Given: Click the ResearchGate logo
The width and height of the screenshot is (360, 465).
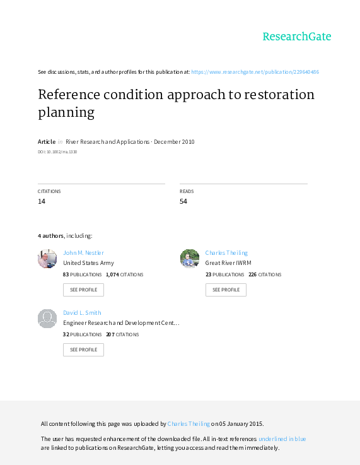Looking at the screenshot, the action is (297, 37).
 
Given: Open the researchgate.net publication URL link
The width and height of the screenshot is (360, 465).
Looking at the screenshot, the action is (255, 72).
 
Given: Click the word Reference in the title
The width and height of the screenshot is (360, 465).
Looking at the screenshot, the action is (69, 95).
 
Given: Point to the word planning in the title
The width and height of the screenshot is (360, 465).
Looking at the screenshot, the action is (66, 113).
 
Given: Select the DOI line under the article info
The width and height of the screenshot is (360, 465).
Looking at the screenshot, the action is (57, 152).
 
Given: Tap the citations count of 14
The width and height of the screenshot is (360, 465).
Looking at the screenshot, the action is (42, 201).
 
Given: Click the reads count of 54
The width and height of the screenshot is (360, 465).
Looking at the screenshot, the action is (183, 201).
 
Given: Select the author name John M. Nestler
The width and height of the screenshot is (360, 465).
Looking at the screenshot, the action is (83, 252).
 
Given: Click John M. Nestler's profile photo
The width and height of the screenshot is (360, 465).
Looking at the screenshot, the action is (47, 259).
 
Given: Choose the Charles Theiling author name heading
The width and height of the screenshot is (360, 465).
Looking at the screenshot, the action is (226, 252).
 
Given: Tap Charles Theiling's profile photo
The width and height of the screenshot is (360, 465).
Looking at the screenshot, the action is (190, 259).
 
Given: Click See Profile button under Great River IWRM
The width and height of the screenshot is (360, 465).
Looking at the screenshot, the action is (226, 290).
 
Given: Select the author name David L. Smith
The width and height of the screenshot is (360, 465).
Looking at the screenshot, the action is (82, 312).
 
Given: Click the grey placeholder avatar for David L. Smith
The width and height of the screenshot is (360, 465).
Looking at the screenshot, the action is (47, 319).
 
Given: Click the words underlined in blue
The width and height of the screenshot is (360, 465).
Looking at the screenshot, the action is (282, 439).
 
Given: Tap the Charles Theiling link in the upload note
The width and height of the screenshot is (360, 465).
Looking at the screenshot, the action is (189, 424).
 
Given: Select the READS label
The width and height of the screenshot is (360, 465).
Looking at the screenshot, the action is (187, 191).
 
